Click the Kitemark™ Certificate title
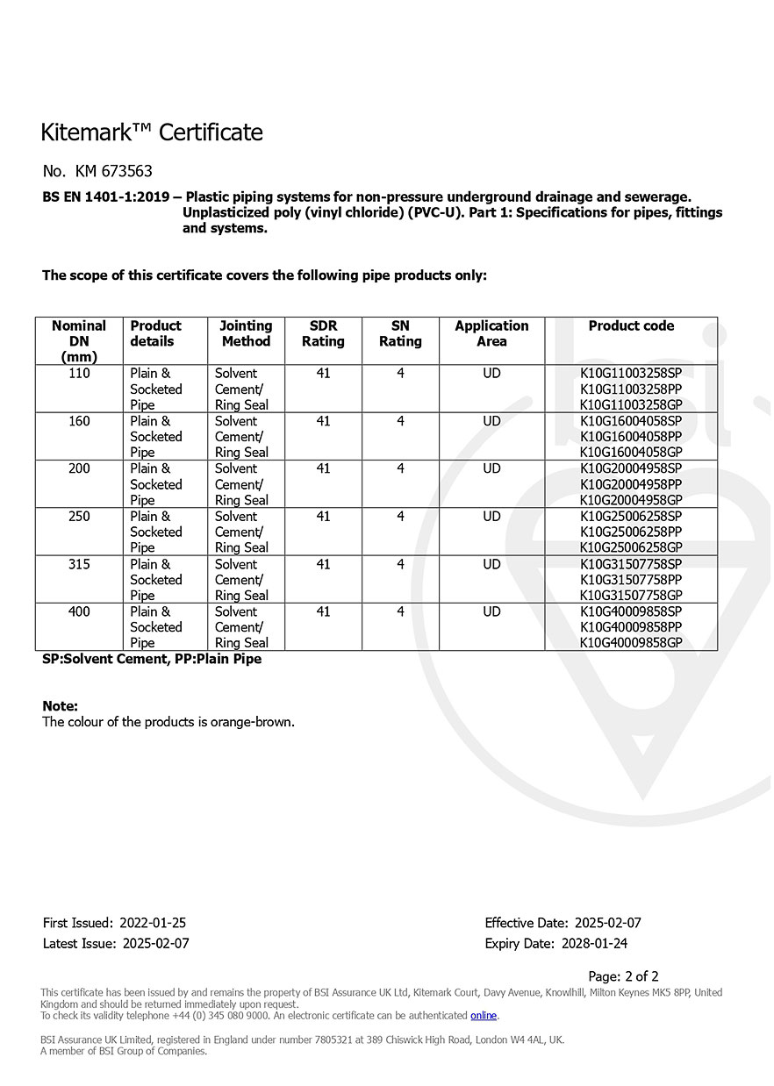tap(152, 132)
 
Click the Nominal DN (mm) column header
tap(79, 340)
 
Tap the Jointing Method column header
tap(246, 333)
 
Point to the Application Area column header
tap(491, 333)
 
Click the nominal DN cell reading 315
tap(79, 564)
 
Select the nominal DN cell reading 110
tap(79, 374)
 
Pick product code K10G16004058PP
tap(631, 437)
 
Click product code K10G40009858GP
tap(631, 643)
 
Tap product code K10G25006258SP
tap(631, 517)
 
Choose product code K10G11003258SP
tap(631, 374)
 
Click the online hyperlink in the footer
tap(484, 1016)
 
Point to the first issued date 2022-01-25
tap(153, 923)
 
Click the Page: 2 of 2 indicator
tap(623, 976)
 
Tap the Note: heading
tap(60, 706)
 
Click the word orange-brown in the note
tap(251, 722)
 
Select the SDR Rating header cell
tap(323, 333)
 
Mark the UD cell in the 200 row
tap(491, 468)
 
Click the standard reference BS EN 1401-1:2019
tap(106, 197)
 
